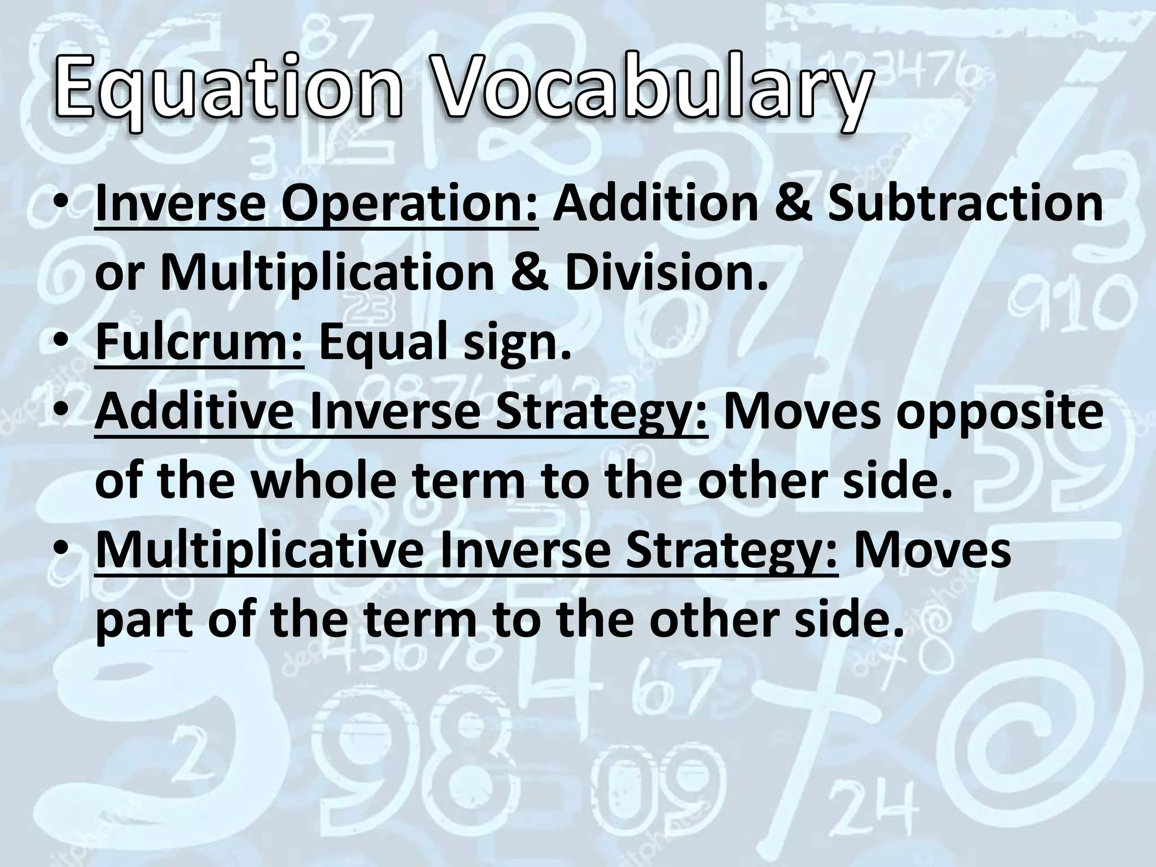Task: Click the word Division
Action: coord(667,273)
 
